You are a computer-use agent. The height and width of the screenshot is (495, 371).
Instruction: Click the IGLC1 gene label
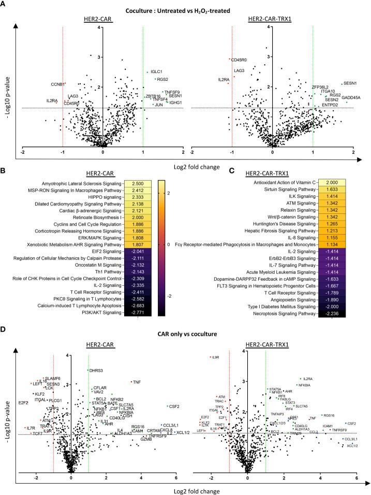[156, 71]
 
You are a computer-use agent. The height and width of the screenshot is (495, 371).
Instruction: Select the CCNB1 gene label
[57, 84]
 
